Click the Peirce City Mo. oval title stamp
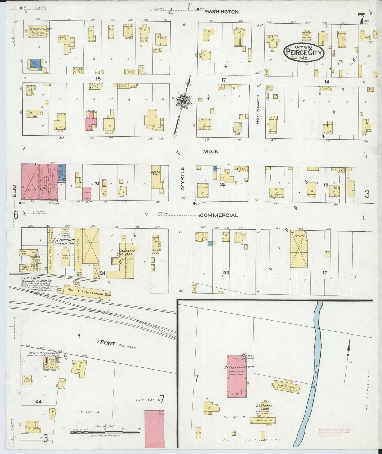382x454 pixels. tap(303, 52)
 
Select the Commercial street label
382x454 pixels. tap(219, 215)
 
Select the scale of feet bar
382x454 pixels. tap(105, 432)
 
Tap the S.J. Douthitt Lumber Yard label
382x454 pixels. tap(64, 241)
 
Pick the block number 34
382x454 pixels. tap(103, 273)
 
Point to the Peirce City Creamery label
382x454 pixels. tap(43, 354)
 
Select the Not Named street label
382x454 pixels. tap(258, 109)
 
